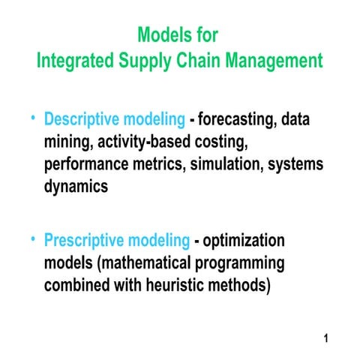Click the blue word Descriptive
click(82, 119)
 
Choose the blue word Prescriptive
click(83, 241)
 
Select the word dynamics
click(76, 187)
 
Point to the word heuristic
click(175, 286)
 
